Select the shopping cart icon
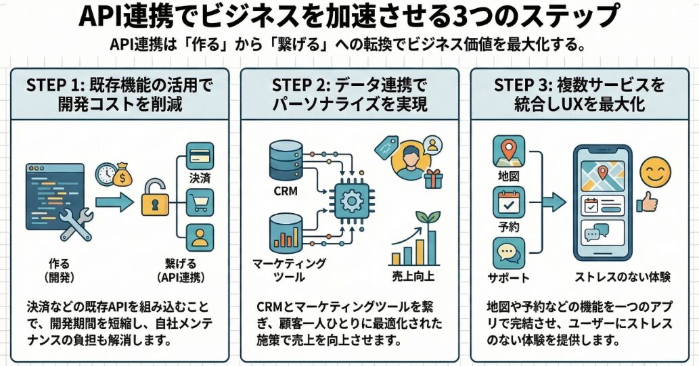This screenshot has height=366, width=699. click(x=199, y=202)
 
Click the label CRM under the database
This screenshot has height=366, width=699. click(x=286, y=191)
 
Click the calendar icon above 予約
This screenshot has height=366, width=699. click(x=508, y=204)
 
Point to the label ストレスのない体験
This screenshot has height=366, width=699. click(x=612, y=277)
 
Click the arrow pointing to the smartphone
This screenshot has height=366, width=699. click(x=553, y=201)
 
